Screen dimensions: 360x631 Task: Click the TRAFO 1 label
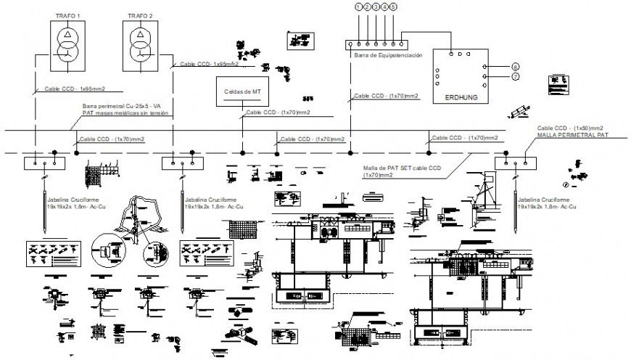(x=69, y=15)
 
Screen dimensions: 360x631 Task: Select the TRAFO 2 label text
(x=140, y=15)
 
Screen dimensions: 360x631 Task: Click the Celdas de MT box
(x=242, y=92)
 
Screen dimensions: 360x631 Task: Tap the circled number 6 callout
(x=516, y=67)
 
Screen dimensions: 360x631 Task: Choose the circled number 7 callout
(x=516, y=75)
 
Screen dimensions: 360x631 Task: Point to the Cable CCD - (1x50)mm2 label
(x=570, y=128)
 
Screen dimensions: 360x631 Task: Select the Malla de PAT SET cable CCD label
(x=402, y=168)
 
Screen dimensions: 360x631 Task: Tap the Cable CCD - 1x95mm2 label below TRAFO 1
(x=75, y=89)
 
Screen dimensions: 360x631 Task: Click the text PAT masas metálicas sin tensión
(x=125, y=113)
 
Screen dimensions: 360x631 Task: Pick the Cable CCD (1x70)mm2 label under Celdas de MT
(x=278, y=112)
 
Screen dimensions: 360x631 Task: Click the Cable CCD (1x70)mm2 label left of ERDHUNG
(x=386, y=96)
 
